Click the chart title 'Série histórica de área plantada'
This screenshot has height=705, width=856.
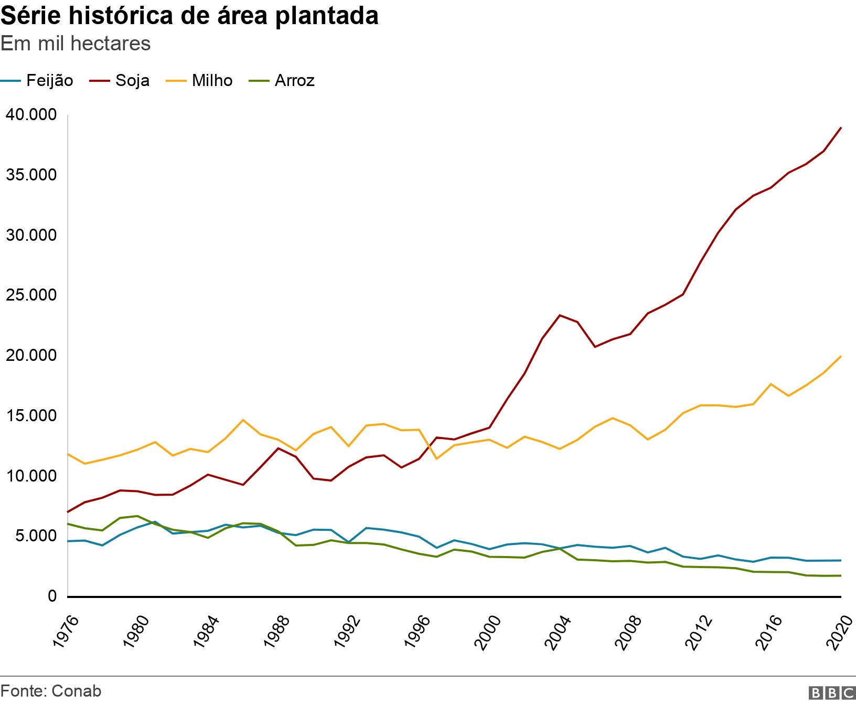pyautogui.click(x=189, y=16)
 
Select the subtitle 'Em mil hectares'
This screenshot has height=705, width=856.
pyautogui.click(x=76, y=44)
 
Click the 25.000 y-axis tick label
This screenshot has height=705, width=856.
pyautogui.click(x=31, y=295)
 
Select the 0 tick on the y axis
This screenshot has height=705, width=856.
pyautogui.click(x=52, y=596)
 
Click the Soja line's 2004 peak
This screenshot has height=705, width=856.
pyautogui.click(x=560, y=315)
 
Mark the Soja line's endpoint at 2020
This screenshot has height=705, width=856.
pyautogui.click(x=841, y=127)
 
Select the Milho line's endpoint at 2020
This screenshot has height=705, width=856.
pyautogui.click(x=841, y=357)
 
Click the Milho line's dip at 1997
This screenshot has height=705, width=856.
pyautogui.click(x=437, y=459)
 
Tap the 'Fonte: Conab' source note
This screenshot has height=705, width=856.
pyautogui.click(x=51, y=691)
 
